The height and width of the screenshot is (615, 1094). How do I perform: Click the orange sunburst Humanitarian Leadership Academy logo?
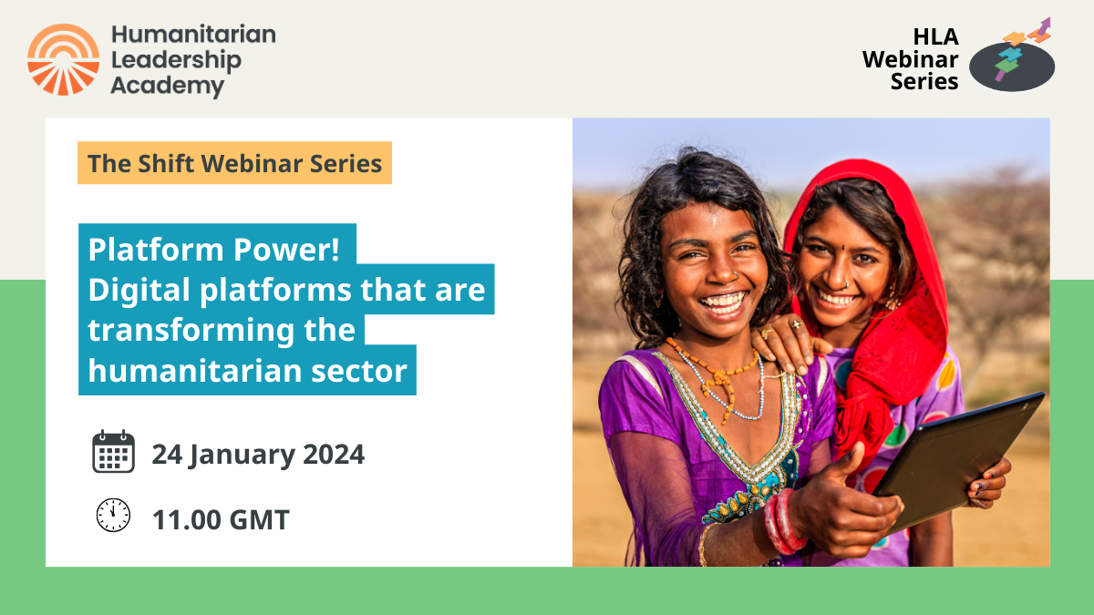point(63,59)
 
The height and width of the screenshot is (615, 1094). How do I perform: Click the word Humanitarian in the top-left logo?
point(192,35)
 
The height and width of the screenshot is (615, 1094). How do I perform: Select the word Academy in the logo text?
point(167,87)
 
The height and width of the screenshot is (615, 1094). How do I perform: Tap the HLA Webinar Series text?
point(911,59)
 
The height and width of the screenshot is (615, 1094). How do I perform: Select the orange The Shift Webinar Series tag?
point(234,163)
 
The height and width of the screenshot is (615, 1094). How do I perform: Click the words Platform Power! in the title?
point(217,249)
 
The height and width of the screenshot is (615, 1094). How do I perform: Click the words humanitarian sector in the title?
point(247,370)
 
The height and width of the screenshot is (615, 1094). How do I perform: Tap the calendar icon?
point(113,453)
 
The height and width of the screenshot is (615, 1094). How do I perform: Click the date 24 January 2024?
point(258,454)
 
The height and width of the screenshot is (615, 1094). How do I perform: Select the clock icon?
point(113,516)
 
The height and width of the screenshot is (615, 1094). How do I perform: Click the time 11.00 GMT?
point(221,519)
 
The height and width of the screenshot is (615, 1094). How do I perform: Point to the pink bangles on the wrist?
point(782,522)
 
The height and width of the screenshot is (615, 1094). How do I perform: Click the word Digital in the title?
point(138,290)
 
